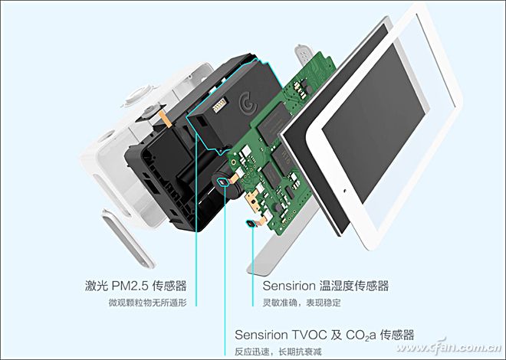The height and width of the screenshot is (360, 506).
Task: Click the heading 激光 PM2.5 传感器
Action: (136, 286)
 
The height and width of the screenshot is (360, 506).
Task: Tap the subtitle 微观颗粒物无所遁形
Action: (147, 303)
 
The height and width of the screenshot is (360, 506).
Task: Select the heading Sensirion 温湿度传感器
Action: (326, 286)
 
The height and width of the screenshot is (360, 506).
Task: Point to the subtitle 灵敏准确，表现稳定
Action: (302, 303)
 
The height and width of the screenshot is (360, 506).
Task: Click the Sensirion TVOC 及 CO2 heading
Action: (324, 335)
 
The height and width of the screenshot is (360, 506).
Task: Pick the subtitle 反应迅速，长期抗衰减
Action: (278, 352)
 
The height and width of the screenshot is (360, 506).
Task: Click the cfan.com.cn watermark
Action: (449, 347)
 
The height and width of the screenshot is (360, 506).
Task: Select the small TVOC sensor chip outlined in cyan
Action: (222, 182)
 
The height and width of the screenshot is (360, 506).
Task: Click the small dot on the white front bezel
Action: (345, 191)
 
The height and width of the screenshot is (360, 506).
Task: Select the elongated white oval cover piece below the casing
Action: (128, 238)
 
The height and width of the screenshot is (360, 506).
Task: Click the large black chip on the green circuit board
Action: (275, 122)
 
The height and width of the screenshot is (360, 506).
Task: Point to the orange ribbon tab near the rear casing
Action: (165, 119)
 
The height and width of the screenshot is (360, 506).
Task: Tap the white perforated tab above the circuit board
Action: (303, 54)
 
